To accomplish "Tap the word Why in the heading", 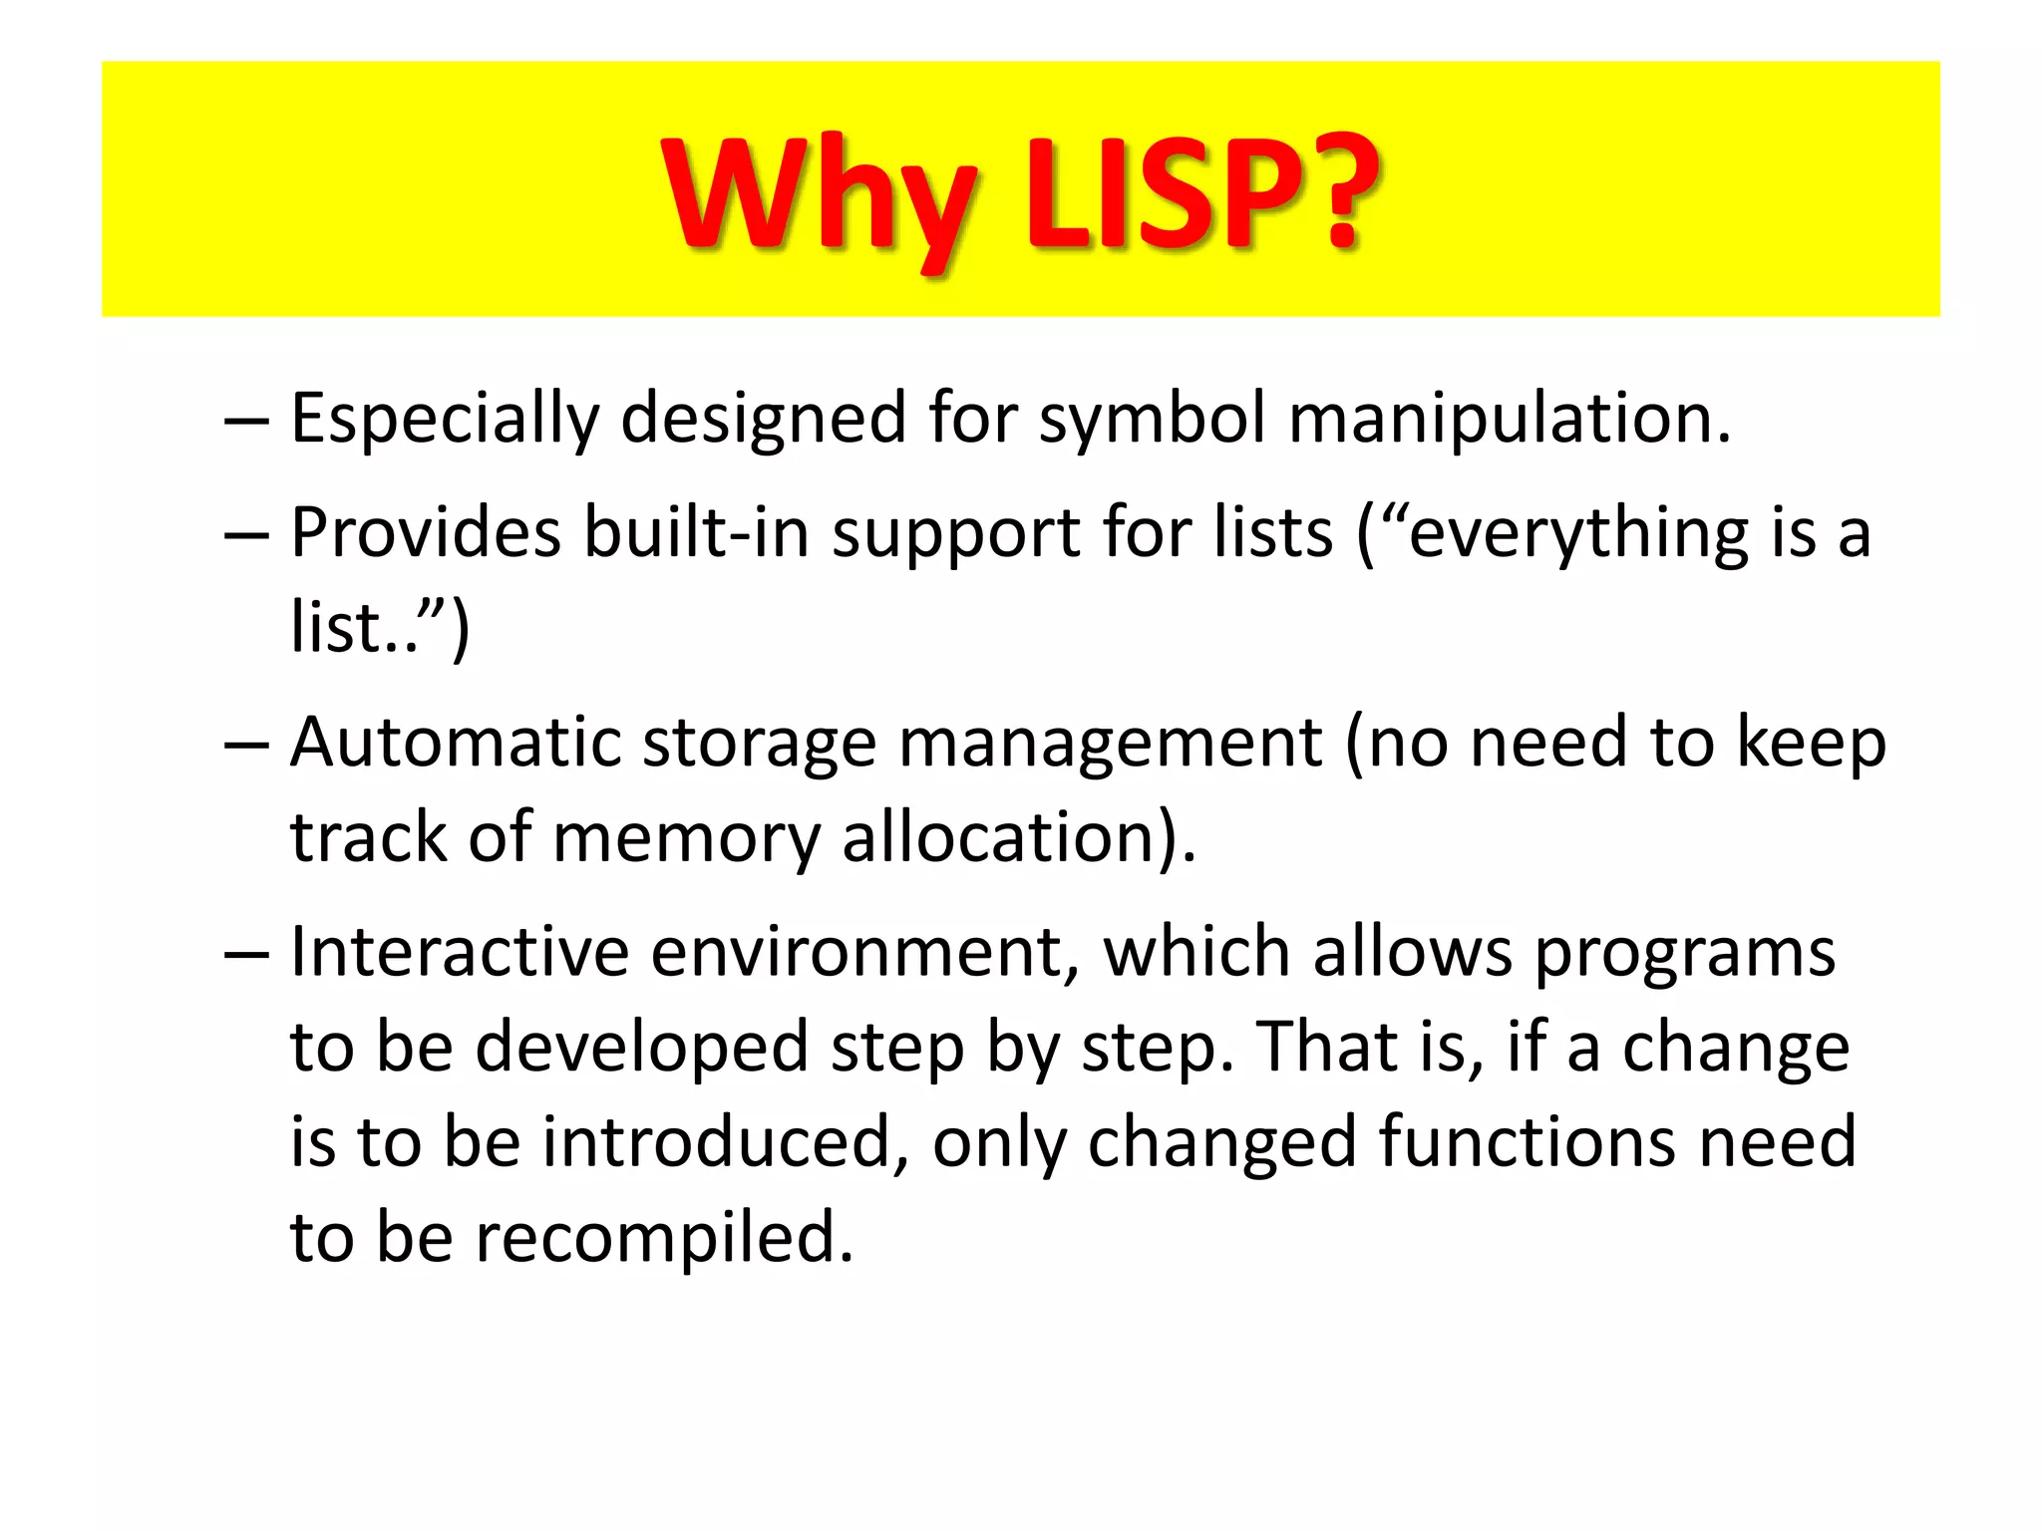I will [818, 194].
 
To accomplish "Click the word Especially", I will [445, 419].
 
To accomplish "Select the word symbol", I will [1152, 419].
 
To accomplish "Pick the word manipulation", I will [1509, 419].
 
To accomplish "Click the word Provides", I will [426, 532].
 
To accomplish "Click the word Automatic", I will [455, 743].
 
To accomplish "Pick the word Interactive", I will [460, 952].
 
